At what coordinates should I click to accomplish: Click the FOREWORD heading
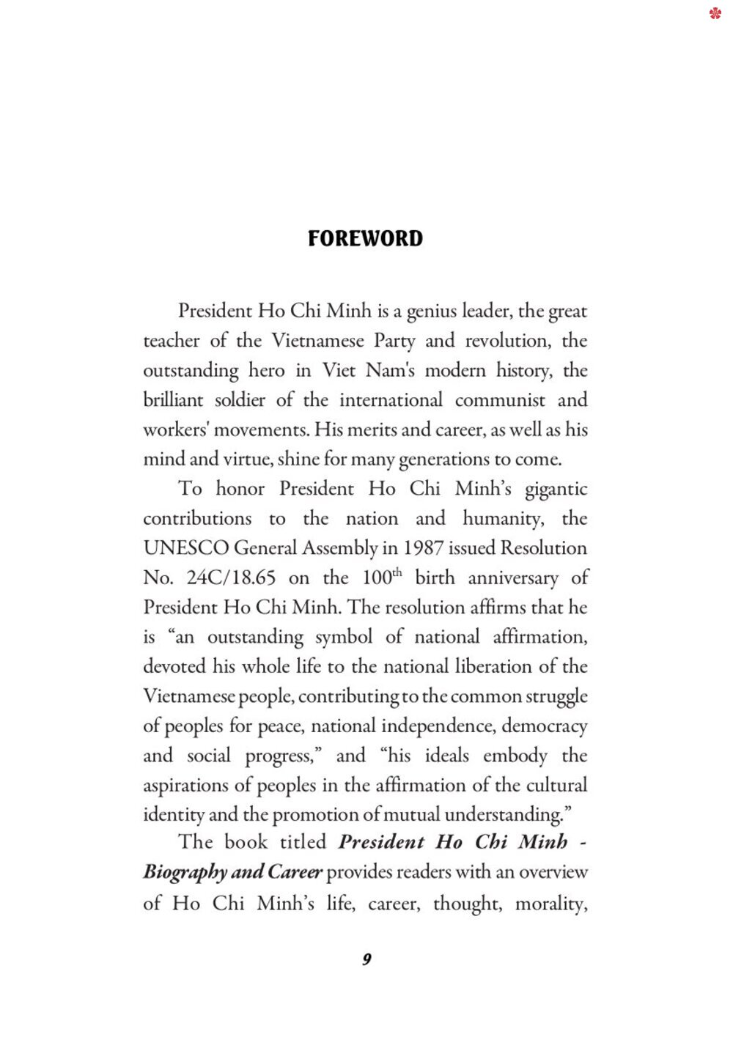tap(365, 238)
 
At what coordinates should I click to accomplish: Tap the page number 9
tap(366, 959)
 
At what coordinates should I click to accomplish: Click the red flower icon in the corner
tap(715, 13)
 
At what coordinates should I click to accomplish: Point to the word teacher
tap(171, 341)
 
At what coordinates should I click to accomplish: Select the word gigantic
tap(556, 490)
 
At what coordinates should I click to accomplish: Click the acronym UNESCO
tap(185, 548)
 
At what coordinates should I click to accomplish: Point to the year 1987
tap(424, 548)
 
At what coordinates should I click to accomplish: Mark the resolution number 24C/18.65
tap(231, 577)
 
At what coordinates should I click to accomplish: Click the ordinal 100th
tap(382, 577)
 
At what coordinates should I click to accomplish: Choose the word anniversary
tap(512, 578)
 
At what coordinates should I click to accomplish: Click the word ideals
tap(446, 756)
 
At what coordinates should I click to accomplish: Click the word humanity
tap(504, 519)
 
